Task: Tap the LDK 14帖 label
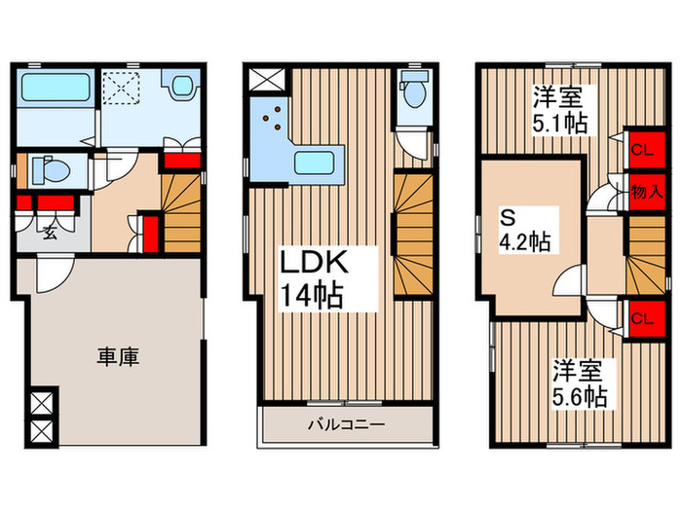[x=312, y=279]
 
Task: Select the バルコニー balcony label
[x=348, y=424]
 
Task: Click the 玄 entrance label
[x=48, y=232]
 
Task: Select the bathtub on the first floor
[x=55, y=91]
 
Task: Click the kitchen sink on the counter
[x=314, y=162]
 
